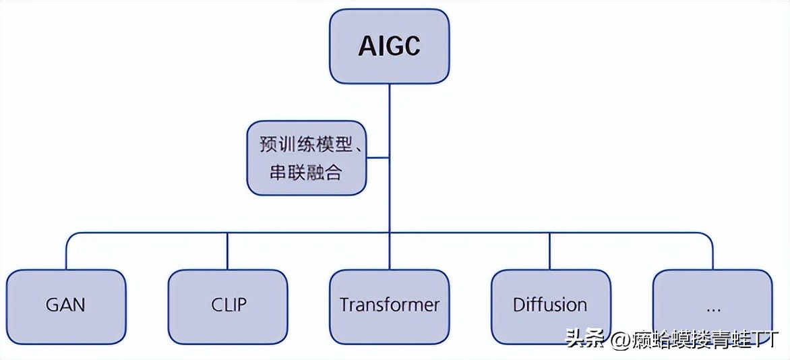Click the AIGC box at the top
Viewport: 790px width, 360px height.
tap(389, 47)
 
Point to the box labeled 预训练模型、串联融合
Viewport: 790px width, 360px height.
tap(307, 158)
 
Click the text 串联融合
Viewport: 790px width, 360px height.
tap(301, 173)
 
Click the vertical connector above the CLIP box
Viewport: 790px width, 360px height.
tap(228, 251)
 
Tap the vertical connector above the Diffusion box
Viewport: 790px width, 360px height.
tap(550, 251)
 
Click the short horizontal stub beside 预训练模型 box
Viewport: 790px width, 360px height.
tap(378, 158)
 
